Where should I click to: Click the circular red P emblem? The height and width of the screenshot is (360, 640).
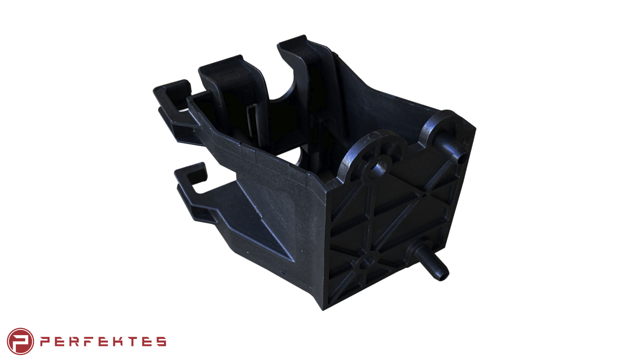point(20,341)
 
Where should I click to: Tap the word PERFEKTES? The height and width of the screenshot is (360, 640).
point(103,341)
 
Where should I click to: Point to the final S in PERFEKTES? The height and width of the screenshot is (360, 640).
point(161,341)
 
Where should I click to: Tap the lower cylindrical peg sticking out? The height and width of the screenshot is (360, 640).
point(431,261)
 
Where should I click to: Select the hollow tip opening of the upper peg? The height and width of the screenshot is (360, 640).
point(461,158)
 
